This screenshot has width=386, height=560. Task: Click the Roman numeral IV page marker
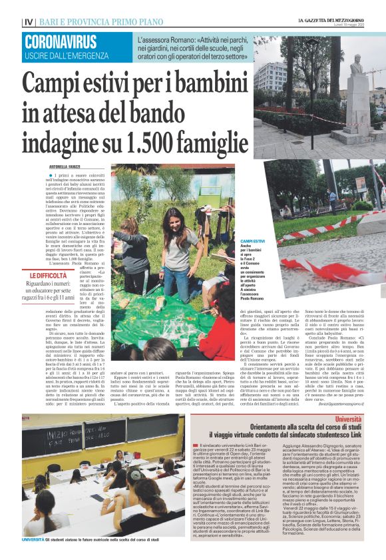(x=28, y=23)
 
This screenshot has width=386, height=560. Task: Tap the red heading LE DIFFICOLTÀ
(x=47, y=275)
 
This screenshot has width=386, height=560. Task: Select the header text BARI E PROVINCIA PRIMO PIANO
(x=83, y=23)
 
